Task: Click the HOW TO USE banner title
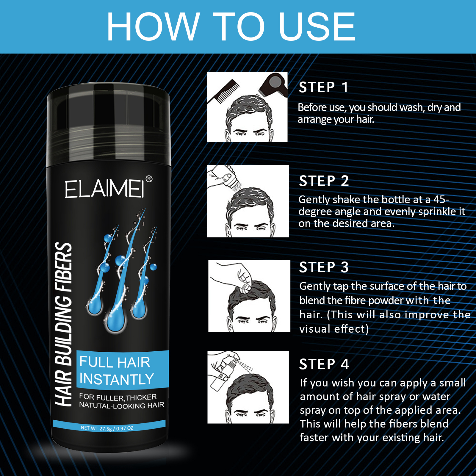point(231,27)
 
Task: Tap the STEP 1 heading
point(323,87)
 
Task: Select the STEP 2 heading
point(324,181)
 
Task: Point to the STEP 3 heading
point(324,267)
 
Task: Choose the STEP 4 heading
point(324,364)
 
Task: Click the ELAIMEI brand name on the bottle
point(105,189)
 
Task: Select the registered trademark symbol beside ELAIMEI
point(149,179)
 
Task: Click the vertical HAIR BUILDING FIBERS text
point(63,324)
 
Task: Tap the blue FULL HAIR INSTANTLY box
point(122,369)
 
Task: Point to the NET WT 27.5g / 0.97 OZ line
point(107,428)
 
